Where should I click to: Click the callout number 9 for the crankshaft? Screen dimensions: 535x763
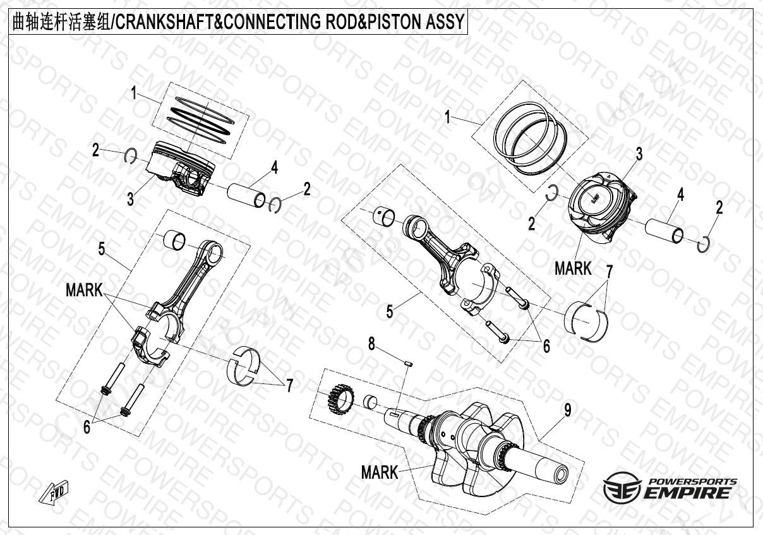click(x=567, y=411)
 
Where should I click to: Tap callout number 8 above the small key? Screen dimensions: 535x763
click(x=372, y=344)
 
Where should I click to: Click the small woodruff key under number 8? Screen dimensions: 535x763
click(x=408, y=363)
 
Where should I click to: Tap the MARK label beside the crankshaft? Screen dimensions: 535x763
click(x=380, y=472)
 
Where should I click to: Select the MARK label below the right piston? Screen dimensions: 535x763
click(x=573, y=268)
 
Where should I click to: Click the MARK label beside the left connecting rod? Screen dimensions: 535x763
click(x=84, y=291)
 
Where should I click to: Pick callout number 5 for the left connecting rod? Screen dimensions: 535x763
click(x=102, y=249)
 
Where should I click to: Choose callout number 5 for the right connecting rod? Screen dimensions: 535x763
click(x=390, y=311)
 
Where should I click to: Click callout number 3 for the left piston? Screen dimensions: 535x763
click(x=129, y=200)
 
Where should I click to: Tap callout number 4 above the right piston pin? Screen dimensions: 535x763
click(x=680, y=195)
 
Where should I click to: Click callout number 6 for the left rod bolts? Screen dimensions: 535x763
click(x=87, y=428)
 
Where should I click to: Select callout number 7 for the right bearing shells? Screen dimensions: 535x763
click(x=610, y=272)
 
